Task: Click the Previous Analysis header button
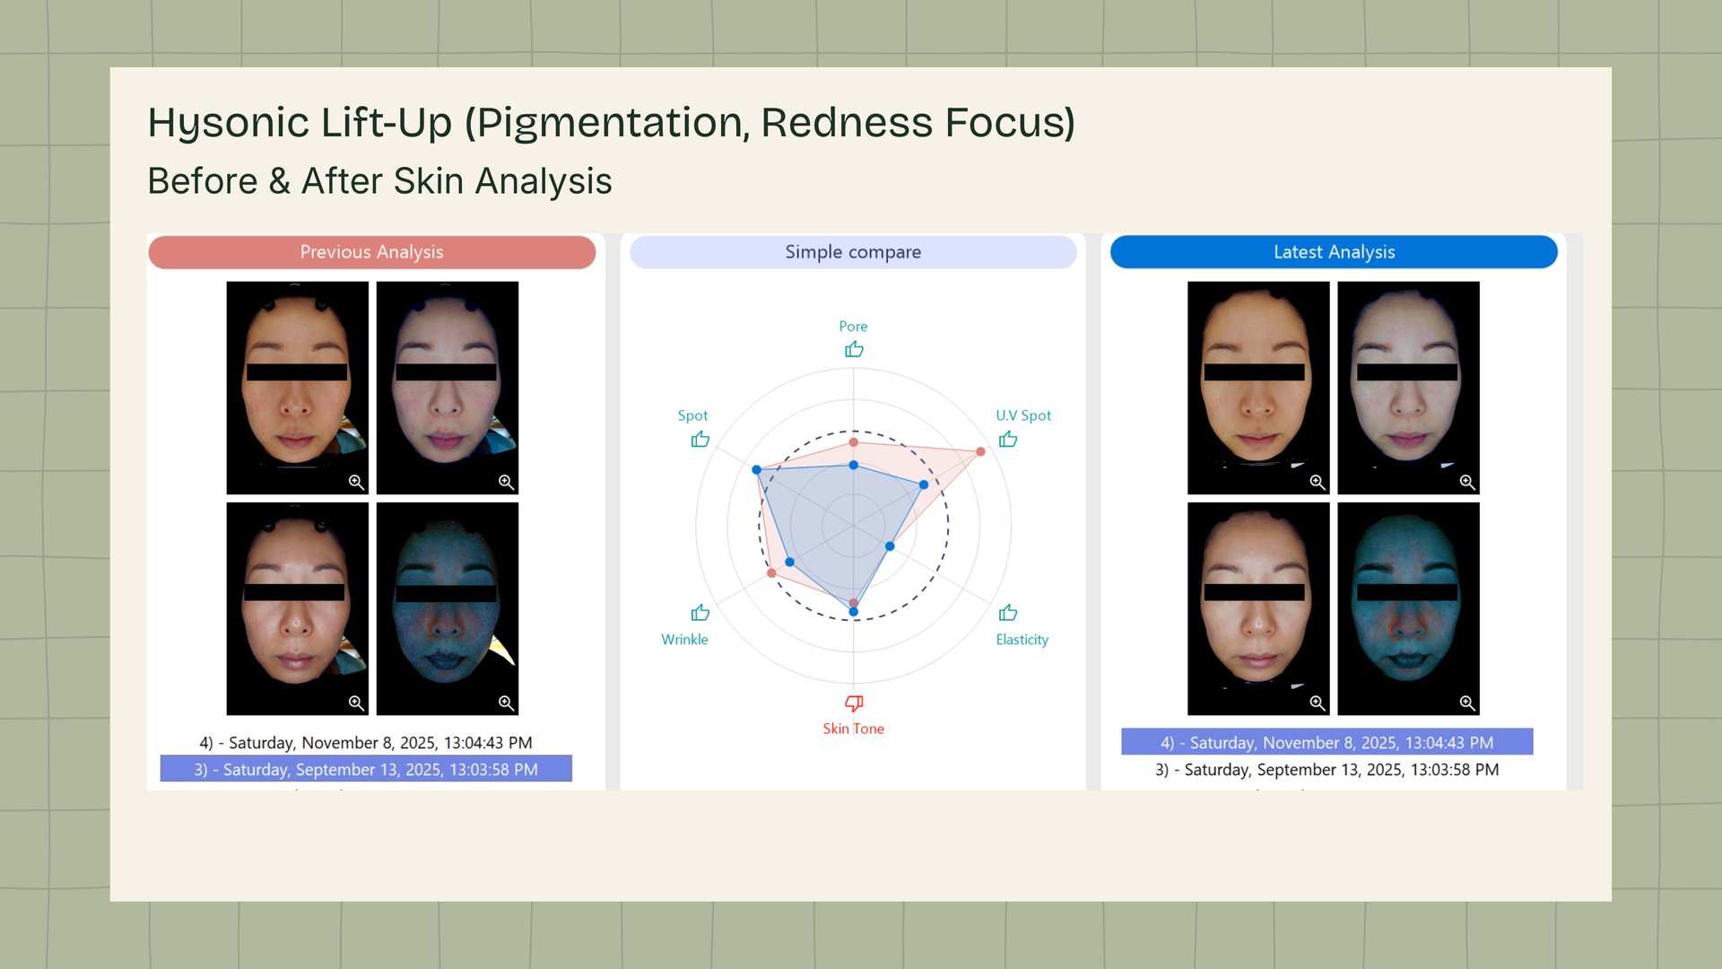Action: click(371, 252)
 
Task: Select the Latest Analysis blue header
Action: click(1334, 252)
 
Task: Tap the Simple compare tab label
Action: click(853, 252)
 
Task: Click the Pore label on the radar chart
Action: click(853, 327)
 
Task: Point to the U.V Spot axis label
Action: click(1023, 415)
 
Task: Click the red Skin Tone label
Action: click(854, 729)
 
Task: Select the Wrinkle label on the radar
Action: click(684, 640)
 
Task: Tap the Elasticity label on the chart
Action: click(1022, 640)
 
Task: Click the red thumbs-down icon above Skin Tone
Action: click(854, 703)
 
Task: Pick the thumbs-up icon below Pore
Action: click(854, 349)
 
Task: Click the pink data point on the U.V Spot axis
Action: click(980, 451)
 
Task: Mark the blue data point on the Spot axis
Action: click(757, 469)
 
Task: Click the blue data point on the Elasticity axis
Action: click(890, 546)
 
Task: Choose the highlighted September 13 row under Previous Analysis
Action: click(366, 770)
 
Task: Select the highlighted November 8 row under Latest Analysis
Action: click(1327, 742)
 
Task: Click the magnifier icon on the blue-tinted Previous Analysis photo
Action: click(506, 703)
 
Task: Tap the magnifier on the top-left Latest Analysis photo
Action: click(1317, 482)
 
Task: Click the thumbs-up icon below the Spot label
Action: click(700, 439)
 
